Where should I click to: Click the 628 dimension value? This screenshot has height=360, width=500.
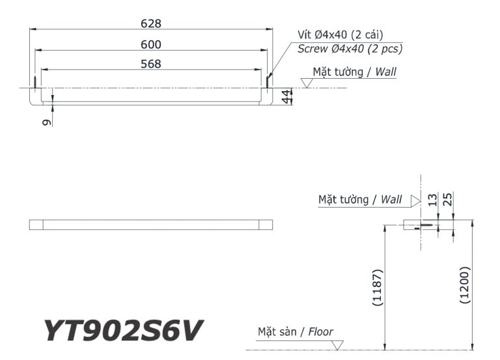coord(151,23)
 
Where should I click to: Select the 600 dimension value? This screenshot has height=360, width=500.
coord(151,44)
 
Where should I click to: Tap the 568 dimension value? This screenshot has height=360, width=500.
coord(151,64)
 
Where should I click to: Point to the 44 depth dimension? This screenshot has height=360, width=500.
coord(285,96)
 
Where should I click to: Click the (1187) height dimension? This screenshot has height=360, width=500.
coord(378,287)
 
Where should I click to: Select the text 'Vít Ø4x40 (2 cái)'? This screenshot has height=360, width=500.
coord(340,35)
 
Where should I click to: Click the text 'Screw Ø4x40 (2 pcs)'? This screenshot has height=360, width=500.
coord(350,48)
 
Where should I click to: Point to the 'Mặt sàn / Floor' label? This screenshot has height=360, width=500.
coord(295,332)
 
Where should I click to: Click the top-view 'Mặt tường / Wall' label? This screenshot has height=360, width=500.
coord(354,72)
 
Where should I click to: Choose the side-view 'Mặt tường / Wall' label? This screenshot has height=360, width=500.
coord(360,199)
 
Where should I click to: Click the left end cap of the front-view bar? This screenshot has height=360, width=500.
coord(36,225)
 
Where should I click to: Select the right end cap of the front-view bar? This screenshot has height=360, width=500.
coord(266,225)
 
